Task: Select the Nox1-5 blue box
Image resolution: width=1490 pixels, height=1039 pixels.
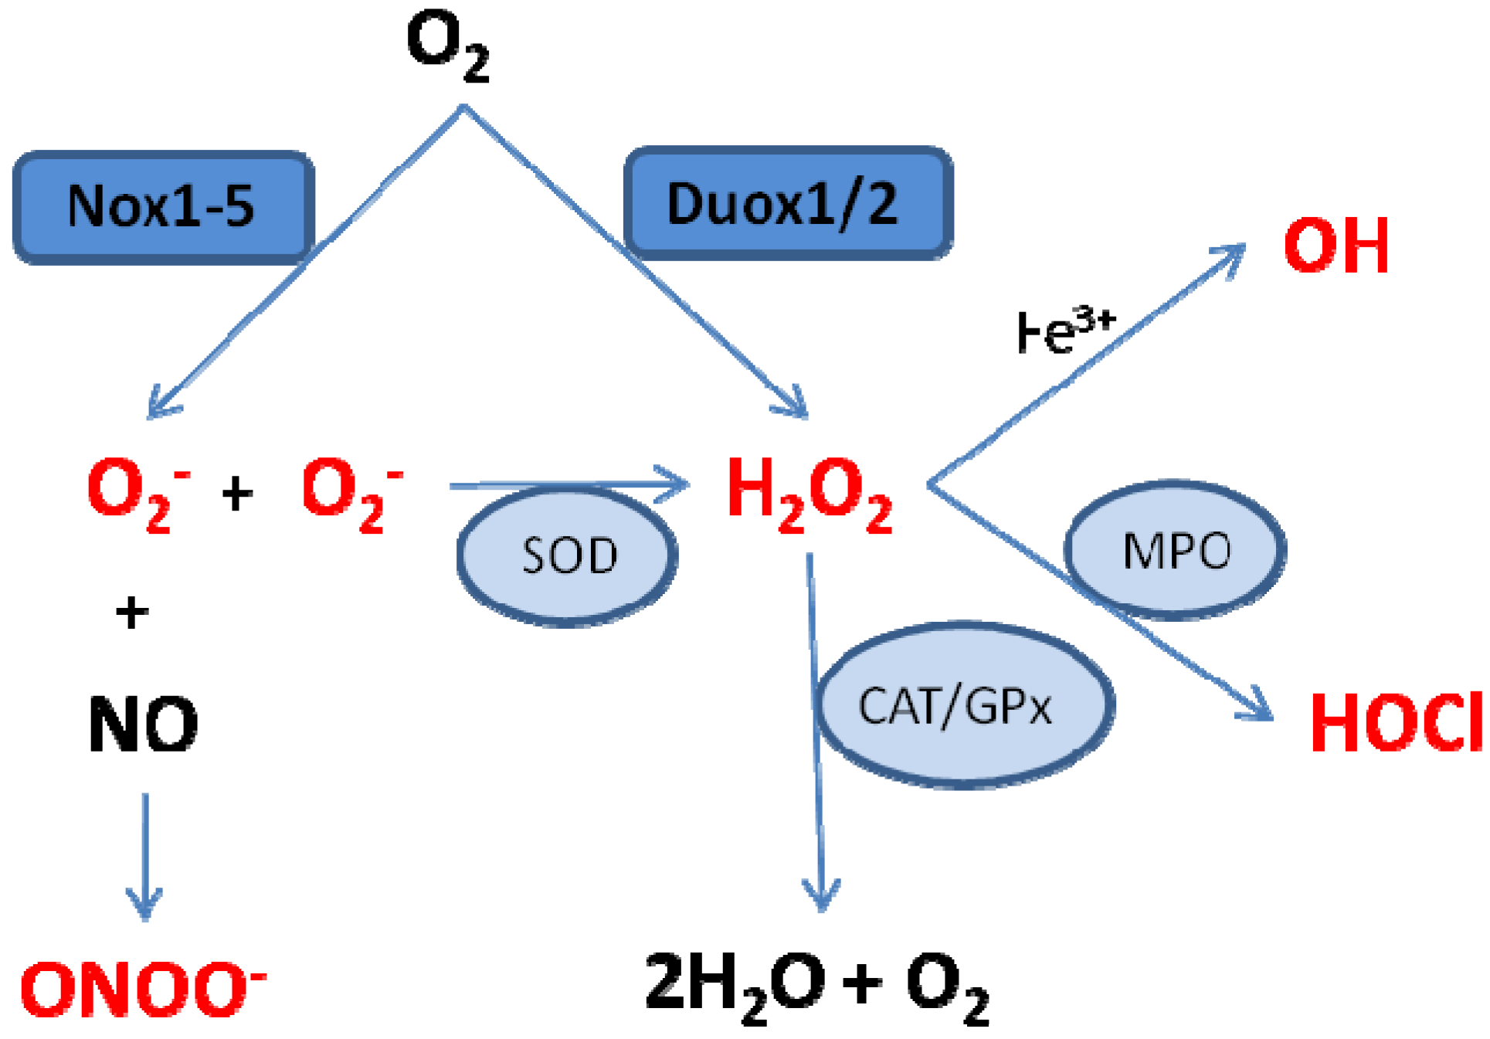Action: point(163,206)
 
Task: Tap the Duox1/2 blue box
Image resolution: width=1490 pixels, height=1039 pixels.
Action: point(787,203)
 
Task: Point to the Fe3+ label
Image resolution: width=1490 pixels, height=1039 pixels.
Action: point(1065,331)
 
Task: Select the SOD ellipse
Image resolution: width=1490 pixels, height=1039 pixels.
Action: point(568,555)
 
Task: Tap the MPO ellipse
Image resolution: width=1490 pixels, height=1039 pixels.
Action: point(1175,550)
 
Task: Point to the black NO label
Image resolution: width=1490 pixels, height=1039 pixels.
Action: point(143,724)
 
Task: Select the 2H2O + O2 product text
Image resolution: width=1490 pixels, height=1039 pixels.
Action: point(816,986)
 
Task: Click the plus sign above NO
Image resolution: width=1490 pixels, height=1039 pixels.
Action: point(132,613)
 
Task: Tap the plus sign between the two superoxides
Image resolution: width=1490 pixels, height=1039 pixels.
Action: point(237,494)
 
